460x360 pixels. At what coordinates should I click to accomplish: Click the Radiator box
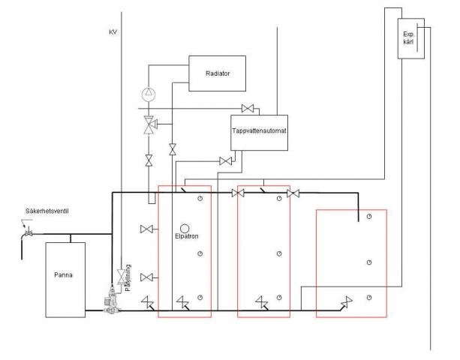point(217,73)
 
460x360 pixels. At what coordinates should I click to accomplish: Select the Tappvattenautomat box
point(259,133)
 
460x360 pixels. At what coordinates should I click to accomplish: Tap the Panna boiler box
point(65,280)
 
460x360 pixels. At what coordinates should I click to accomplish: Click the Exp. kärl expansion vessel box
point(410,38)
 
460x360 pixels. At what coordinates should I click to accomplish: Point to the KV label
point(113,32)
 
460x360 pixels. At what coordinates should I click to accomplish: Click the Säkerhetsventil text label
point(47,211)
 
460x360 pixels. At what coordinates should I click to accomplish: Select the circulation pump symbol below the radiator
point(149,94)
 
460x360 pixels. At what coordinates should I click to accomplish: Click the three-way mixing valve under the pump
point(149,125)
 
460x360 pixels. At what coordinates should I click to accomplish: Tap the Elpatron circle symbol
point(185,228)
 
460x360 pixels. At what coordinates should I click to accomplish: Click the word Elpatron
point(187,236)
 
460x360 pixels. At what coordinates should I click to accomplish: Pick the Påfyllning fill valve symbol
point(121,277)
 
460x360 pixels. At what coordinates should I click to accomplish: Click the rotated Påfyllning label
point(128,277)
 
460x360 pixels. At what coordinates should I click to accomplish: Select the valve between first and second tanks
point(238,193)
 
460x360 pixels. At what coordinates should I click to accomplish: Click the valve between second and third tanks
point(293,193)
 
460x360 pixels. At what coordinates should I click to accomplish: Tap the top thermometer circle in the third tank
point(369,216)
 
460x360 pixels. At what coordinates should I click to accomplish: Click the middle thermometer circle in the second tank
point(279,253)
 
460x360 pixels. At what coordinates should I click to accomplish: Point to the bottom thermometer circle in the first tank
point(200,298)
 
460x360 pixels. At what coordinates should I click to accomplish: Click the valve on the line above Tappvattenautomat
point(248,109)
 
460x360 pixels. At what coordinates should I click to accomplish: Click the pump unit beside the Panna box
point(111,299)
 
